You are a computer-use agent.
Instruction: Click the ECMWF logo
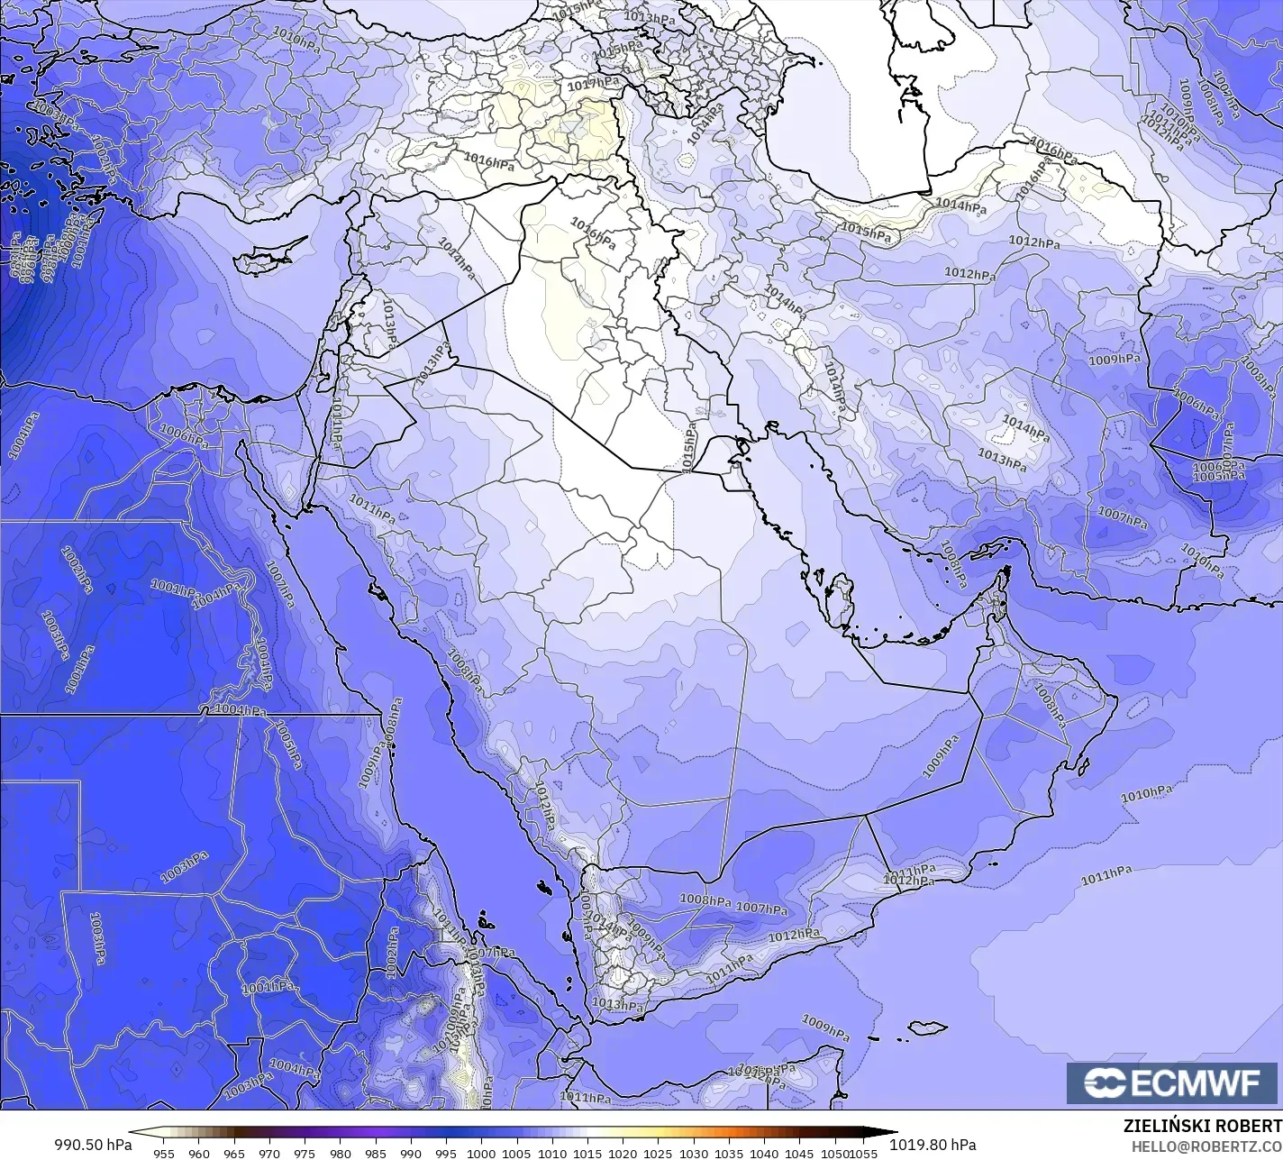tap(1174, 1082)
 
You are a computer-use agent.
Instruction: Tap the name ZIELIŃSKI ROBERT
tap(1202, 1126)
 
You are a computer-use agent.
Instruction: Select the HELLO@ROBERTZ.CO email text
tap(1207, 1146)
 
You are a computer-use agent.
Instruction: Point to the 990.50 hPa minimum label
tap(93, 1145)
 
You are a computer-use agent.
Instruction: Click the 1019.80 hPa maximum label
tap(933, 1145)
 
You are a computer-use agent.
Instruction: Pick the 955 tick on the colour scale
tap(164, 1153)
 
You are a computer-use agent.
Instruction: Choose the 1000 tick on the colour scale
tap(481, 1153)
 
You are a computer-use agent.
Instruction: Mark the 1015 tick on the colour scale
tap(587, 1153)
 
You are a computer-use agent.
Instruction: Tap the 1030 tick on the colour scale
tap(693, 1153)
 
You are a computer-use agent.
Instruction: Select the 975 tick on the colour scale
tap(305, 1153)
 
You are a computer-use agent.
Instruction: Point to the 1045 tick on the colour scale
tap(799, 1153)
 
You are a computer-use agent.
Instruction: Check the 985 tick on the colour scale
tap(376, 1153)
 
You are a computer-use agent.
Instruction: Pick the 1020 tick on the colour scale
tap(623, 1153)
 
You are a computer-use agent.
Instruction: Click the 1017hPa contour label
tap(593, 84)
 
